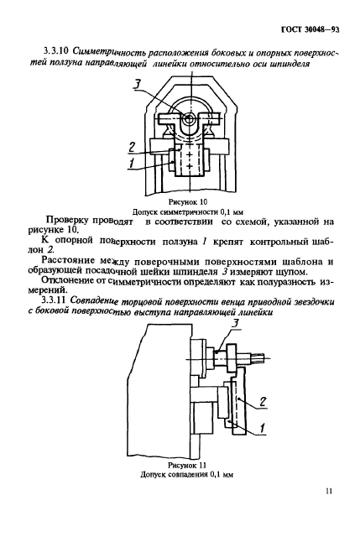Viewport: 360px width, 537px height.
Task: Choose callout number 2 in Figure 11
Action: (x=263, y=402)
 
